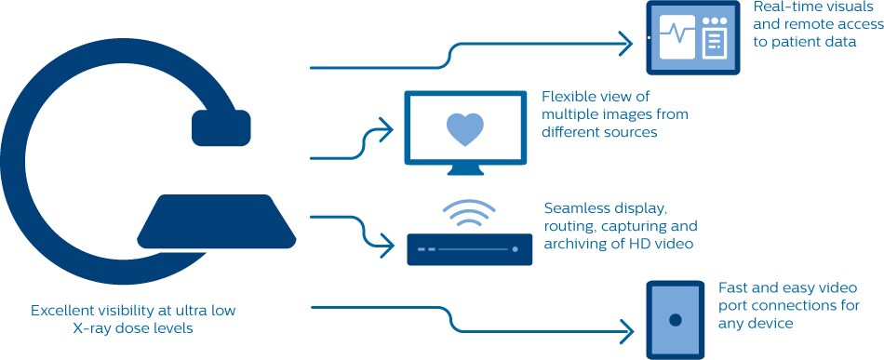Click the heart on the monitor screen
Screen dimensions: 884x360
click(465, 129)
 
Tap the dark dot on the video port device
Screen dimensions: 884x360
click(676, 320)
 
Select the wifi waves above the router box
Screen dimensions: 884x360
click(469, 213)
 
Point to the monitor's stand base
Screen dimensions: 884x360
click(465, 170)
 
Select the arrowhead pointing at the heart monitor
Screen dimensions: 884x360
click(385, 129)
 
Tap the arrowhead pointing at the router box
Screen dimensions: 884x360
click(386, 247)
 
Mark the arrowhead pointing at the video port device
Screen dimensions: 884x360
click(626, 331)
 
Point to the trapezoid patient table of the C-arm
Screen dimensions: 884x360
click(217, 221)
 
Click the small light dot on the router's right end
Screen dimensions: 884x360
click(515, 248)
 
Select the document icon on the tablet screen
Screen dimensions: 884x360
click(715, 43)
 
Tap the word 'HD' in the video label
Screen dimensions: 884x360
click(635, 245)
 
